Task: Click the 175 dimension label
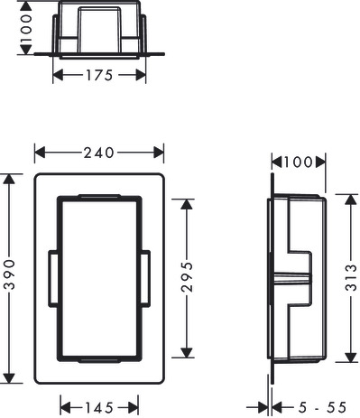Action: tap(99, 75)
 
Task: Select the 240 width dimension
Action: tap(99, 153)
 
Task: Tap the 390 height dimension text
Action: tap(10, 274)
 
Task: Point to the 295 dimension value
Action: tap(187, 276)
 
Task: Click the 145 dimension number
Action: tap(99, 408)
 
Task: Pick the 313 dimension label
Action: tap(351, 278)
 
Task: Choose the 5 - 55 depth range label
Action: tap(322, 408)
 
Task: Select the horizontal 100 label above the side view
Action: tap(299, 163)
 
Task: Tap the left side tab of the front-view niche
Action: tap(52, 279)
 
